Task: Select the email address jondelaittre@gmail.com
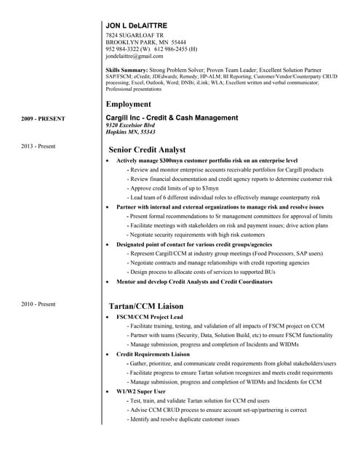click(134, 55)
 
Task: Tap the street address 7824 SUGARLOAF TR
click(135, 35)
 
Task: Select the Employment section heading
click(132, 104)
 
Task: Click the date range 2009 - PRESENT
click(43, 118)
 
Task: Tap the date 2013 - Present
click(39, 146)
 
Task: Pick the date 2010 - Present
click(39, 303)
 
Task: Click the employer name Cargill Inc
click(127, 117)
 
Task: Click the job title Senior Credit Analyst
click(148, 149)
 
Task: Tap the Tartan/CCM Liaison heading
click(145, 306)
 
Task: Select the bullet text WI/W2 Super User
click(140, 391)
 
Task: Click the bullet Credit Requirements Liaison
click(152, 354)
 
